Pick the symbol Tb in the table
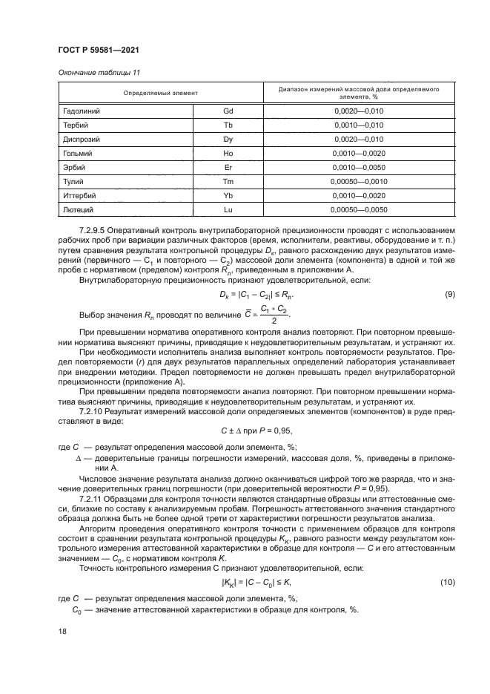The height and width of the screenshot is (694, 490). [x=228, y=125]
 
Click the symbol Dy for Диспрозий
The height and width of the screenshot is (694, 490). [x=228, y=139]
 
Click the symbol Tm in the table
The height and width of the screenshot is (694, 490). [x=228, y=181]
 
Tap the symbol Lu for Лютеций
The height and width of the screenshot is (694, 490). [x=228, y=209]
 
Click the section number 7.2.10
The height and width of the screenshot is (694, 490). [x=93, y=410]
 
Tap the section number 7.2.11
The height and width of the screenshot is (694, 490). [x=93, y=500]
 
